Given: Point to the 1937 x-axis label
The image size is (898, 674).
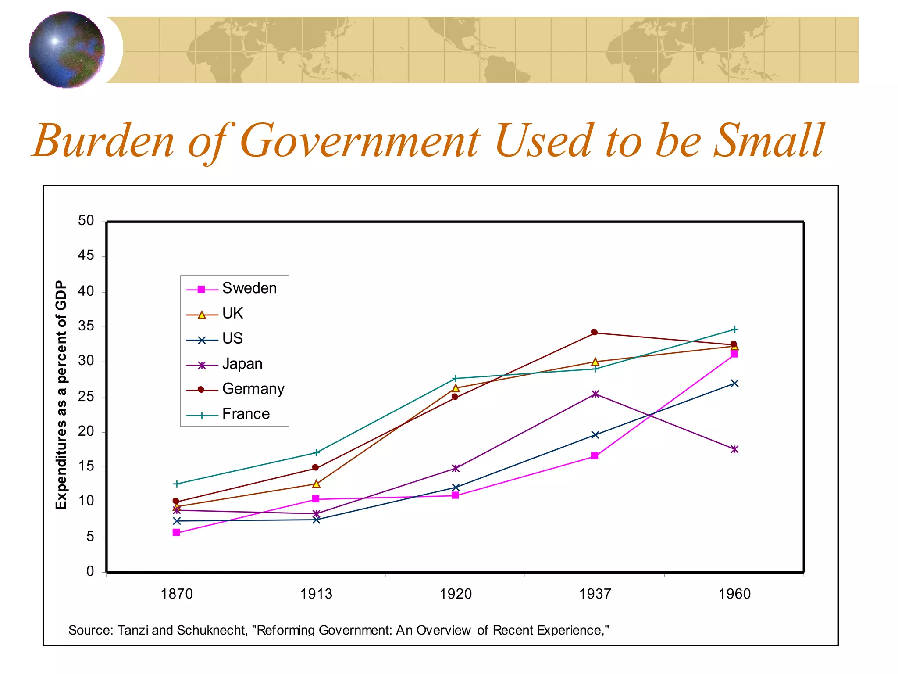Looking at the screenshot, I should [x=595, y=594].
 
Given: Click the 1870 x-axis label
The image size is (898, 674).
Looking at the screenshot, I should [x=176, y=594].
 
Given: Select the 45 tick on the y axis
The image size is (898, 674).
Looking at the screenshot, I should [x=86, y=255].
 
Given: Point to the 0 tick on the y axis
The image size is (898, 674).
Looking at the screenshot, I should [x=90, y=571].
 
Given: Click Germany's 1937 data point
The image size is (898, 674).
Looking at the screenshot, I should [x=594, y=332].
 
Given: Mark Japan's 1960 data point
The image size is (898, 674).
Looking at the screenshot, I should [x=734, y=449].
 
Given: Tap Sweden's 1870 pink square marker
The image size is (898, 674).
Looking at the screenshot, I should [x=176, y=532].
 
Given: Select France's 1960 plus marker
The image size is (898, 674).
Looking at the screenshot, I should [x=734, y=329].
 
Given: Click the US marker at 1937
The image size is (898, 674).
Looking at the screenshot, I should [x=595, y=435].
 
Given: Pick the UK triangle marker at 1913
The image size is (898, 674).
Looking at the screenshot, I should [x=316, y=484].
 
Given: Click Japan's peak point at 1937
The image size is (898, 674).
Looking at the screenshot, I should [x=595, y=394].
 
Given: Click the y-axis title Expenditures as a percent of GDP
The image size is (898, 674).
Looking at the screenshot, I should [x=61, y=395].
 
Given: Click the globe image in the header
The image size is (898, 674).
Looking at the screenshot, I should [x=67, y=50].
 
